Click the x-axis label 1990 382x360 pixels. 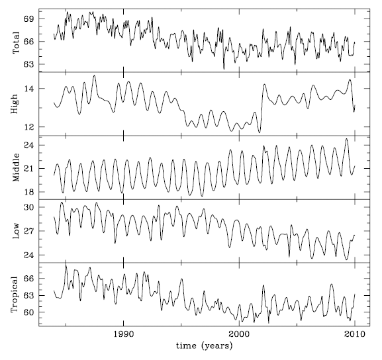coord(124,334)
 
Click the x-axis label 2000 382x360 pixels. coord(239,334)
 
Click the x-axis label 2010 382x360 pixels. coord(355,334)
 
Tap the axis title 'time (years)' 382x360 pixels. coord(204,346)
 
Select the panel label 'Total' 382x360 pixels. coord(16,42)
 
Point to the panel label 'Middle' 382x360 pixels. coord(16,167)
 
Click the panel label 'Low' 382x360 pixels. coord(16,231)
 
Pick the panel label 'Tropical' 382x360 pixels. coord(15,294)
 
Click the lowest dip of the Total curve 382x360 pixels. coord(224,69)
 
